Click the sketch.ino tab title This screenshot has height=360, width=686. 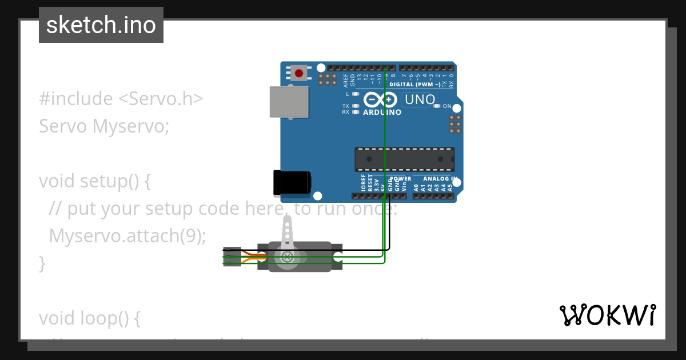tap(101, 25)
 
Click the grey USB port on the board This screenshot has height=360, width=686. tap(289, 102)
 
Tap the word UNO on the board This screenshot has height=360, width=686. tap(418, 100)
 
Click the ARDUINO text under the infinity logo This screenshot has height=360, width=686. tap(382, 113)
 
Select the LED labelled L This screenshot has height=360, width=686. tap(356, 94)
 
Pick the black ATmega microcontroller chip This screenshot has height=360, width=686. tap(405, 159)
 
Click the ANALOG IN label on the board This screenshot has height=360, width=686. tap(441, 179)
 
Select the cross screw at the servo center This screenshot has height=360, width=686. tap(287, 257)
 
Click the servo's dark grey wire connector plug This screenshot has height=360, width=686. tap(232, 257)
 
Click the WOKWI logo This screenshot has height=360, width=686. tap(607, 315)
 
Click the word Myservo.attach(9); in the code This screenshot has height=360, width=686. tap(127, 235)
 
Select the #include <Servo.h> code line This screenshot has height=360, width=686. tap(121, 99)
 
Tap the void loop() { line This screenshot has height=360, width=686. tap(90, 318)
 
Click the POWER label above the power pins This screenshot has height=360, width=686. tap(400, 179)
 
